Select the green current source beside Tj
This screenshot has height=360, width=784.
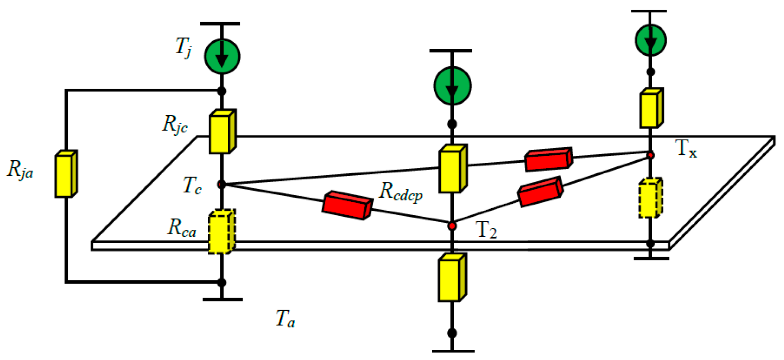pos(222,57)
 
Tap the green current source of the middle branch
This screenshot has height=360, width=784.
pos(452,86)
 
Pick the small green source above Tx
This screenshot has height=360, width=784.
pos(650,40)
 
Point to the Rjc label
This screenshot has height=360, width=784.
pos(175,124)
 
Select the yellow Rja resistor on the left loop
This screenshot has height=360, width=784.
pos(66,174)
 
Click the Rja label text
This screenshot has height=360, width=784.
pos(20,170)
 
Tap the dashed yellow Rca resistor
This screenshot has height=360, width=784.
pos(221,232)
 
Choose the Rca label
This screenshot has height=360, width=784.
pos(182,228)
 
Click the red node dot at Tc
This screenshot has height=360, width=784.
pos(221,185)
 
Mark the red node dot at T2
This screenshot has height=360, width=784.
pos(452,226)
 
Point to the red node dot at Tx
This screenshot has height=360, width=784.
pos(651,155)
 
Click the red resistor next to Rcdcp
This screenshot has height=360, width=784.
pos(347,205)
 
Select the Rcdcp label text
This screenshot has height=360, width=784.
pos(401,191)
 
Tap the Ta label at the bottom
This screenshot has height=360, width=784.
pos(285,319)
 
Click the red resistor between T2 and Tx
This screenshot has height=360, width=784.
pos(540,192)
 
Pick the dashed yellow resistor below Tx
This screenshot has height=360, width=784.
pos(650,198)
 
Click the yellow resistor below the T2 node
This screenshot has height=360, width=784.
pos(452,278)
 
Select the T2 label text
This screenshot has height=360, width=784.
pos(486,231)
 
